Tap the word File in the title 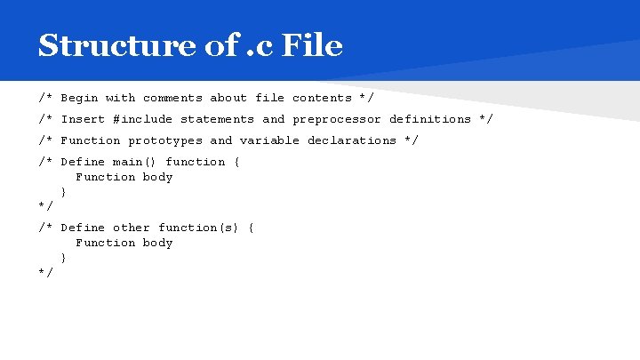(x=311, y=44)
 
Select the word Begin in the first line (x=79, y=98)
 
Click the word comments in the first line (x=172, y=98)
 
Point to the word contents (x=322, y=98)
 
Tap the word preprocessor (x=337, y=119)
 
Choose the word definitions (x=430, y=119)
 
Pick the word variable (x=269, y=140)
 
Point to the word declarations (x=352, y=140)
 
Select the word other (x=132, y=228)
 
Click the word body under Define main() (x=157, y=177)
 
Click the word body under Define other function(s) (x=157, y=243)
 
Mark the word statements (x=217, y=119)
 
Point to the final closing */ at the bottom (x=46, y=272)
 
